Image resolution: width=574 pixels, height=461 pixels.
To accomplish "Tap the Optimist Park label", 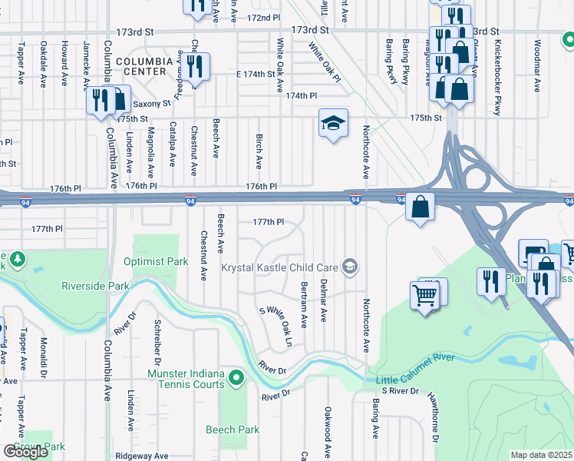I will click(156, 261).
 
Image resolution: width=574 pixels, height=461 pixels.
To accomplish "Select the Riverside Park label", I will click(96, 287).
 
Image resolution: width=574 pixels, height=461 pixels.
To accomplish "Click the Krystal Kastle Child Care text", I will click(279, 267).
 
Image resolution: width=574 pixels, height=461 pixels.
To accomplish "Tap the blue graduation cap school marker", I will click(333, 124).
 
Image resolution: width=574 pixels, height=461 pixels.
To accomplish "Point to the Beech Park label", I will click(233, 430).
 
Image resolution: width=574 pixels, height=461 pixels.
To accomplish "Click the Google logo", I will click(26, 452).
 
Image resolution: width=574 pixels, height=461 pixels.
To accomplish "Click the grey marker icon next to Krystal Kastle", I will click(350, 267).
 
